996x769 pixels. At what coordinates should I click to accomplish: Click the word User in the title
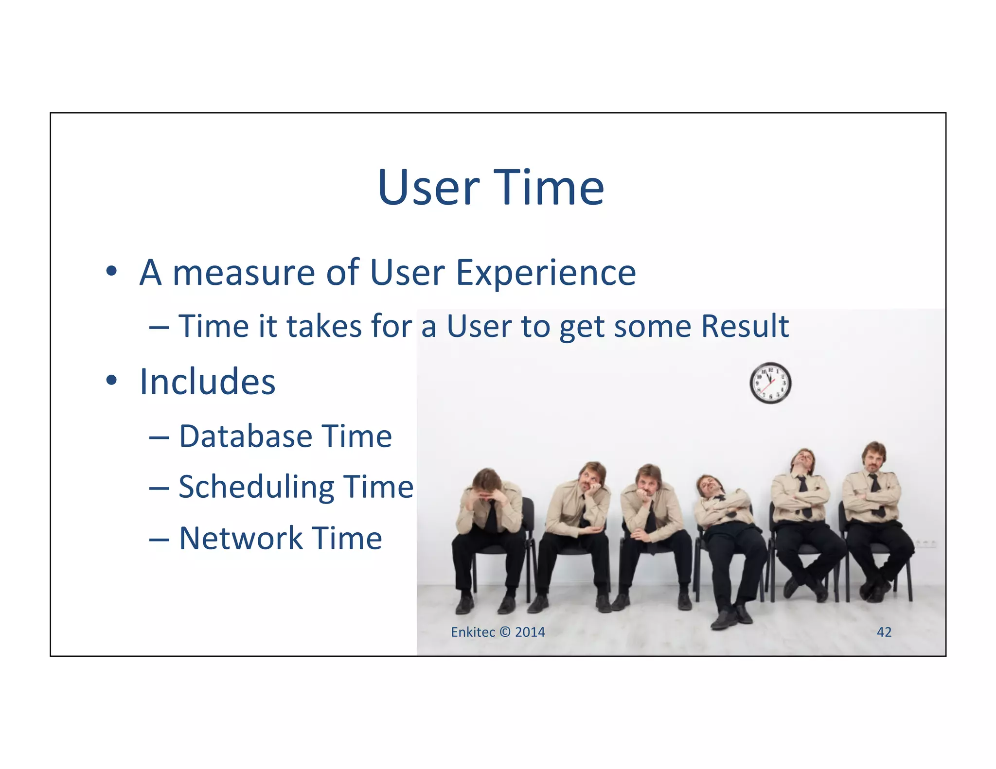click(x=428, y=188)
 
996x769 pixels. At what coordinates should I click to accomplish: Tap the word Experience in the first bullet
click(x=545, y=273)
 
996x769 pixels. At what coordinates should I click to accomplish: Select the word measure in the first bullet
click(x=243, y=273)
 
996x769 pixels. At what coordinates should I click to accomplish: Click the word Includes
click(x=207, y=382)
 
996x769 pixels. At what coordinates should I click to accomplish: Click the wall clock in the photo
click(x=770, y=383)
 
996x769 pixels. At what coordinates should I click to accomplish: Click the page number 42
click(x=884, y=632)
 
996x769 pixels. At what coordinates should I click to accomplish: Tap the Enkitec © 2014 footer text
click(x=498, y=632)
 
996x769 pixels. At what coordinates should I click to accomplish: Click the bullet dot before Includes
click(x=111, y=381)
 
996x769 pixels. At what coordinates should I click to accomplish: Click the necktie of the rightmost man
click(x=876, y=491)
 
